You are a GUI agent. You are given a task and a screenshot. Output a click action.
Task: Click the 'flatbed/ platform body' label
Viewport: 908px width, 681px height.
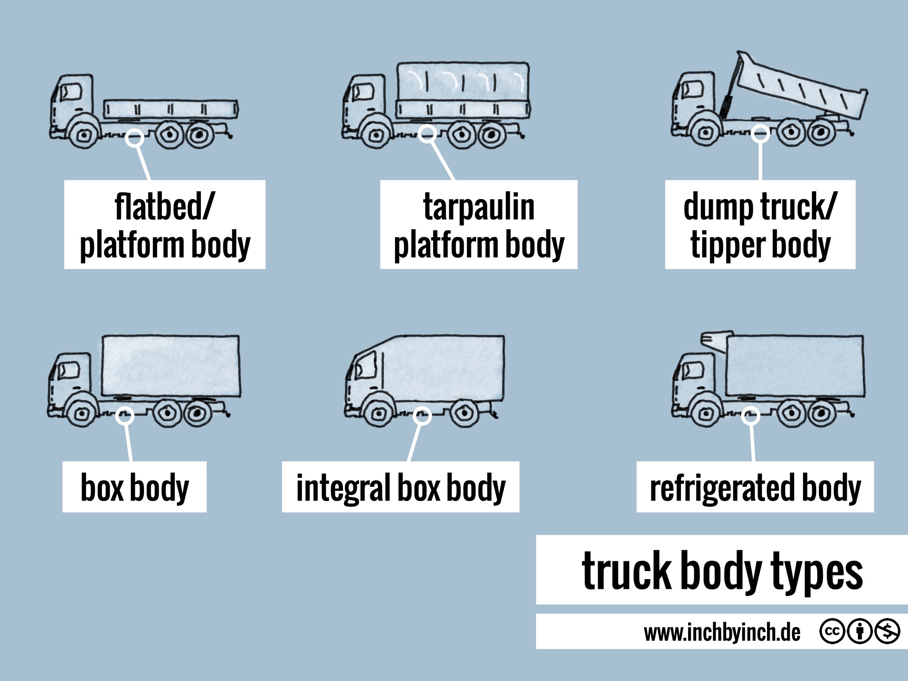(164, 224)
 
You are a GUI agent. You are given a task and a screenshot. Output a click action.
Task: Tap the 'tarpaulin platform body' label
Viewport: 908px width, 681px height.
(478, 224)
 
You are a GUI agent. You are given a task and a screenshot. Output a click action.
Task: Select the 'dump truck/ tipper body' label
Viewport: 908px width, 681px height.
(760, 224)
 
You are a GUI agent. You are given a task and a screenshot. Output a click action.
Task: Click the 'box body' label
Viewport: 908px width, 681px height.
(134, 487)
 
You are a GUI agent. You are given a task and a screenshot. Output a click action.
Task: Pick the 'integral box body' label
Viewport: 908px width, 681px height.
(400, 487)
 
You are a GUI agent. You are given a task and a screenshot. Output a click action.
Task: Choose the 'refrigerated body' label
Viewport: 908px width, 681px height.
(755, 487)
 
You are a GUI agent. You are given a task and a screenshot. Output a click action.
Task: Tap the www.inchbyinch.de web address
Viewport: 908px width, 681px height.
(722, 632)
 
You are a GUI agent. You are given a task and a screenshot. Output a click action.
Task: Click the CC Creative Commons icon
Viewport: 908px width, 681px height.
(832, 631)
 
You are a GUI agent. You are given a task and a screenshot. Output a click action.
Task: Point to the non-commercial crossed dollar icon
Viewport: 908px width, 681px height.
(887, 631)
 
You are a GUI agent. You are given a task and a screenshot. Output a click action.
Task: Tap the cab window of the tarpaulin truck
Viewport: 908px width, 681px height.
(362, 93)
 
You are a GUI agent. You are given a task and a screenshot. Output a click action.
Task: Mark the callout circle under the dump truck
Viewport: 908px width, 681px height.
(760, 133)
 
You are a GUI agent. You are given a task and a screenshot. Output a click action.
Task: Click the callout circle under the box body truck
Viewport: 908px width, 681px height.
(125, 416)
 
